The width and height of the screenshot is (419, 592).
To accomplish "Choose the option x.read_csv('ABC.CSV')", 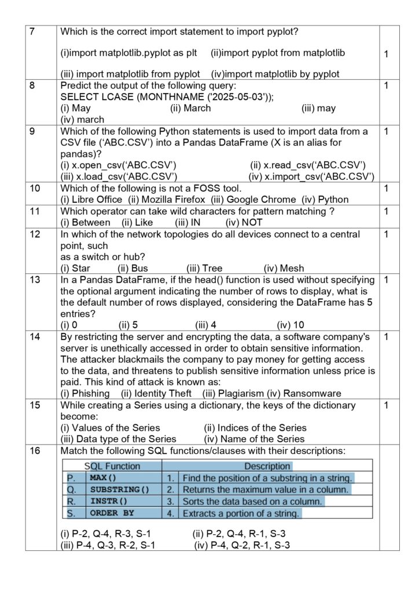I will click(x=313, y=165).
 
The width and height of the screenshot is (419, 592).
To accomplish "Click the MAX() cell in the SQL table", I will click(x=103, y=478).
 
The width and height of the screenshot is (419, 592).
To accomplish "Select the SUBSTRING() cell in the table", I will click(x=119, y=490).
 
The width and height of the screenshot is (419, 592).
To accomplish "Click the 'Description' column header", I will click(x=267, y=466).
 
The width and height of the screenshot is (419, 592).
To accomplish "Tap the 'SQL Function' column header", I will click(x=112, y=466).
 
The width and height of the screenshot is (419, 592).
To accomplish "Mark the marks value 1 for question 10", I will click(x=386, y=188).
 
